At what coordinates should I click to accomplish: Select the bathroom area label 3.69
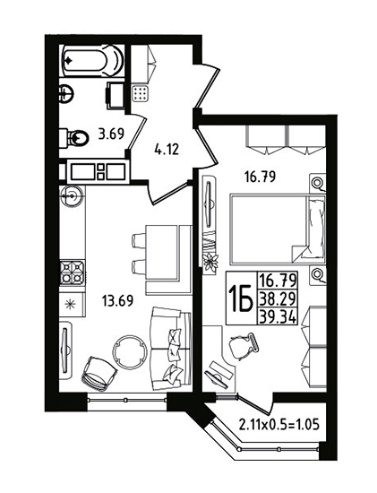[x=111, y=134]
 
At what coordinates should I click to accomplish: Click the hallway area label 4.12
[x=167, y=149]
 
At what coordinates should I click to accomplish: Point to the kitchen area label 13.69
[x=117, y=301]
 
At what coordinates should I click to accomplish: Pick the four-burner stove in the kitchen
[x=73, y=272]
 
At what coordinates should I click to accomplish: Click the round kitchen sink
[x=72, y=196]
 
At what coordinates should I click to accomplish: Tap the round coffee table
[x=130, y=352]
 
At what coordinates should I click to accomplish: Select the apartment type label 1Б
[x=241, y=298]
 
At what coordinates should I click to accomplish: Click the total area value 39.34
[x=277, y=316]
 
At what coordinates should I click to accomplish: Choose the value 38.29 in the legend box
[x=277, y=298]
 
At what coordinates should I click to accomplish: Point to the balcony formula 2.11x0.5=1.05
[x=279, y=425]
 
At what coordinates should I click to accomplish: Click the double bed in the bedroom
[x=278, y=229]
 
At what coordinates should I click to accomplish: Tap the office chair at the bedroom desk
[x=244, y=347]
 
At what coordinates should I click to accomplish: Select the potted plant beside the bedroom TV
[x=210, y=263]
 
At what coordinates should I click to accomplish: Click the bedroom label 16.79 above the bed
[x=260, y=177]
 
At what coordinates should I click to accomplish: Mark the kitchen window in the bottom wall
[x=127, y=400]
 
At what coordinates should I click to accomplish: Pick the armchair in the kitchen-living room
[x=99, y=374]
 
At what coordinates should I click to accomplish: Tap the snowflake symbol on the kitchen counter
[x=70, y=305]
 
